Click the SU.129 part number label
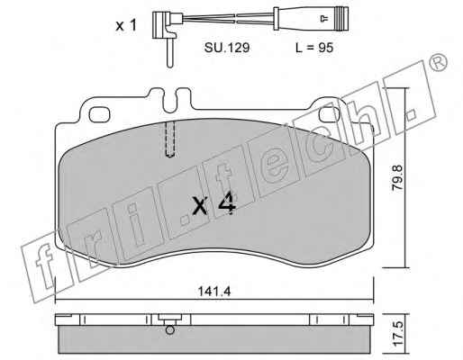[227, 48]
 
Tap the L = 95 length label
[314, 48]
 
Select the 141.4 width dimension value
[214, 291]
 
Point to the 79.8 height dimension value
[398, 177]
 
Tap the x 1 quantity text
[126, 26]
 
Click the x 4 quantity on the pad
[213, 204]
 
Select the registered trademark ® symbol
[439, 63]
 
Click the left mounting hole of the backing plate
[99, 115]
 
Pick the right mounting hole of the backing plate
[330, 115]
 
